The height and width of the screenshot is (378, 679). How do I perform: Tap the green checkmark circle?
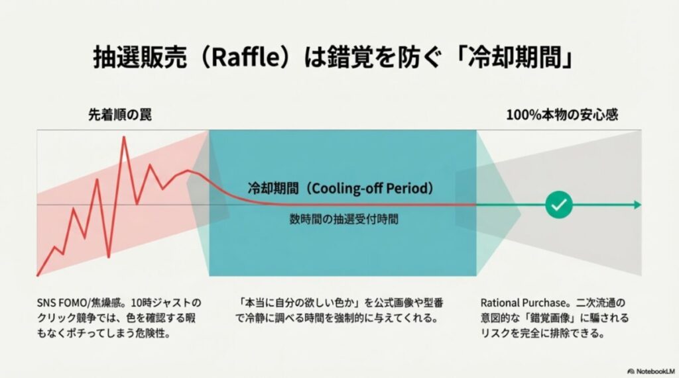pos(558,205)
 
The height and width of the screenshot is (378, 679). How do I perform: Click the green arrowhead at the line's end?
pos(637,205)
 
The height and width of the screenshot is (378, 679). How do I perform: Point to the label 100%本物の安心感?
pos(562,115)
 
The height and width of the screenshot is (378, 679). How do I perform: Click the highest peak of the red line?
pos(123,137)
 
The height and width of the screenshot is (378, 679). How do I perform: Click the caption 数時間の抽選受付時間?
pos(343,218)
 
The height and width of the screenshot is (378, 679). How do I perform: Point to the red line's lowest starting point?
pos(38,275)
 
